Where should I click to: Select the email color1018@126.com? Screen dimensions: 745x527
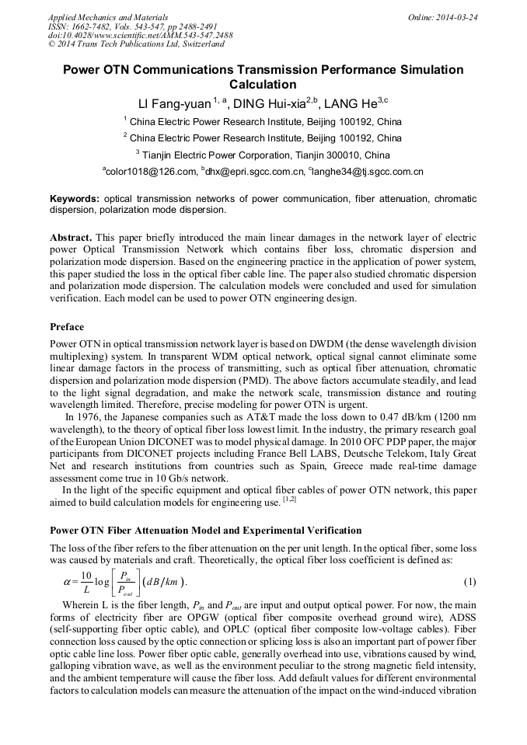tap(149, 172)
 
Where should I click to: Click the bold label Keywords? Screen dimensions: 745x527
tap(75, 199)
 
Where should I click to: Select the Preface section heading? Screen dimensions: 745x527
tap(67, 326)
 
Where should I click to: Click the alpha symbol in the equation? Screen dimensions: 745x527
tap(67, 581)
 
